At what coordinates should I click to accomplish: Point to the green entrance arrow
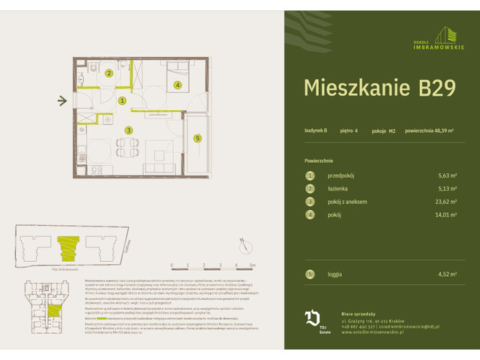click(63, 100)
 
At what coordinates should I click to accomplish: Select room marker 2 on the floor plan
click(109, 73)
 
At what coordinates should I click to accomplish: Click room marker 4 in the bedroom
click(177, 85)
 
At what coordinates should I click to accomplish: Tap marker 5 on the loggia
click(197, 138)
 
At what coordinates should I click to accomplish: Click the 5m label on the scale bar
click(253, 265)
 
